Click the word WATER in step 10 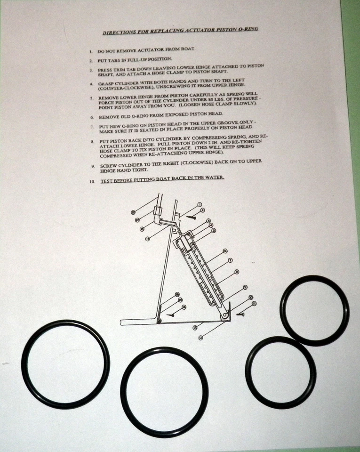click(x=213, y=177)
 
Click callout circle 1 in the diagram click(x=200, y=204)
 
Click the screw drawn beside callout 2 click(x=192, y=217)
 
